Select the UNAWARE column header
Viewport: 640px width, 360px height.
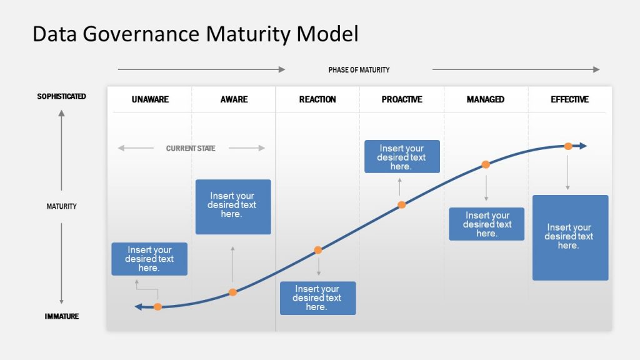tap(150, 99)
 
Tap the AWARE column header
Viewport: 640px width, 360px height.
tap(234, 99)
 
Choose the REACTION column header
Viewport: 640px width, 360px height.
tap(317, 99)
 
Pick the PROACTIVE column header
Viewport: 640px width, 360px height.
tap(402, 99)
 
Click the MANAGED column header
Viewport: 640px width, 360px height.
tap(486, 99)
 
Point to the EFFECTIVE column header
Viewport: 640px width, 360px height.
tap(569, 99)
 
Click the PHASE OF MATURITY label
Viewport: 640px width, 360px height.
tap(359, 70)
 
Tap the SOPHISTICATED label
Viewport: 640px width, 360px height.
tap(61, 97)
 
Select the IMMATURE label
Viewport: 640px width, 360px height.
tap(61, 316)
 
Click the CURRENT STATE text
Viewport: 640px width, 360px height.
tap(191, 149)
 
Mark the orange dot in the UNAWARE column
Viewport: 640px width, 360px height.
tap(157, 306)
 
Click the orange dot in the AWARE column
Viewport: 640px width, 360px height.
tap(232, 292)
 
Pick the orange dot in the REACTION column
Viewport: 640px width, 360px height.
tap(317, 250)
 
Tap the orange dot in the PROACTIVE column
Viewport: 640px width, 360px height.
tap(402, 204)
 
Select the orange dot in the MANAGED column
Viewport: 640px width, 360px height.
tap(486, 165)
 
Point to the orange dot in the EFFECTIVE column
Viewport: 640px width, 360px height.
tap(568, 146)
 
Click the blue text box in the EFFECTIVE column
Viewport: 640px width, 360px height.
tap(570, 237)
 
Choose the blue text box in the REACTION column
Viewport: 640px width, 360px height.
tap(317, 298)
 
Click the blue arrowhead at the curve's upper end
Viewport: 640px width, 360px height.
tap(582, 146)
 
